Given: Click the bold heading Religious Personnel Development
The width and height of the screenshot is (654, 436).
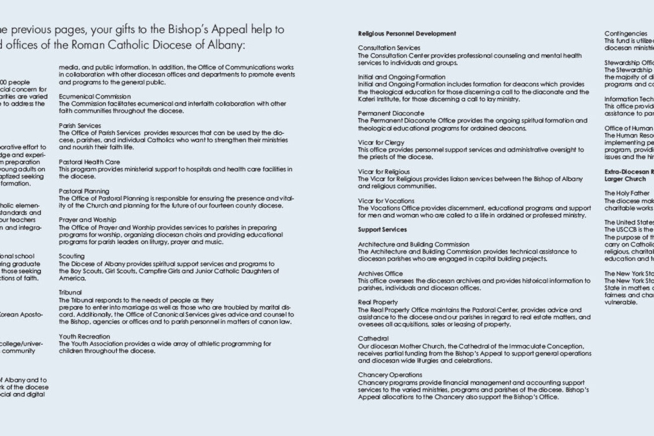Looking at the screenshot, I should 407,34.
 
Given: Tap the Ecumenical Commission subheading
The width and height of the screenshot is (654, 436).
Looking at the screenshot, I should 95,97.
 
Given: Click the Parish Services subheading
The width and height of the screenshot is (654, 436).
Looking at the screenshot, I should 79,126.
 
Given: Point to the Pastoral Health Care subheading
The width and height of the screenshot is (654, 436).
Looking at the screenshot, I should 89,162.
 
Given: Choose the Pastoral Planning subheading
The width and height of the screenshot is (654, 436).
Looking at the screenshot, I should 84,192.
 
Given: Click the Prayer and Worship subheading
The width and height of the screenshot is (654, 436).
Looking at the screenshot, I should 87,220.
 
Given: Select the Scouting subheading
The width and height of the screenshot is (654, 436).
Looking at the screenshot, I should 71,256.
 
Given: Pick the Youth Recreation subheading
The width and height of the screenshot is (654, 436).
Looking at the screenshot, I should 84,336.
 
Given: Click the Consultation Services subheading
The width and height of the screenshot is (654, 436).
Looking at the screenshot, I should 389,48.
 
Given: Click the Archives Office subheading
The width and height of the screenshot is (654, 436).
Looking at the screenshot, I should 380,274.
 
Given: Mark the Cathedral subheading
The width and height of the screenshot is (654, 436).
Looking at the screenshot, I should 373,339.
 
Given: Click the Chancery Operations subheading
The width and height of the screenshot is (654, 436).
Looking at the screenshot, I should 390,375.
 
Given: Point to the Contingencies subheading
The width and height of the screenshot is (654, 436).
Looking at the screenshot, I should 618,34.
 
